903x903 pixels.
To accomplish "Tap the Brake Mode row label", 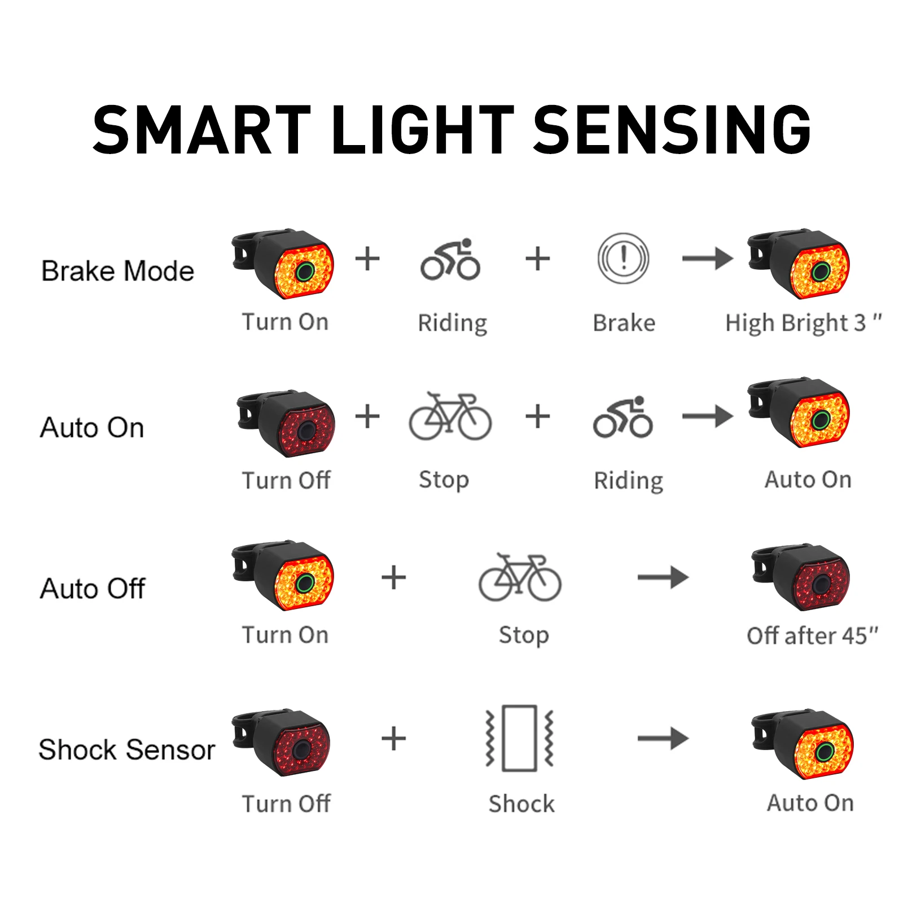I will tap(118, 271).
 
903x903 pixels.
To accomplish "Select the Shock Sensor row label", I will tap(127, 749).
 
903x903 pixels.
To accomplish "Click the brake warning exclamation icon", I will tap(623, 258).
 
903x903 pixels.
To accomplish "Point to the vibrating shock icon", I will tap(520, 738).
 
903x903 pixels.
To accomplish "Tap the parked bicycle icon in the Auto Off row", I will tap(520, 577).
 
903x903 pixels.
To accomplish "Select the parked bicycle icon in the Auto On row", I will tap(450, 417).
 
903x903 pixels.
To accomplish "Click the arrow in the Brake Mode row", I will tap(707, 259).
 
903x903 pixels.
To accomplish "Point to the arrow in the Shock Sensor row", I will tap(663, 738).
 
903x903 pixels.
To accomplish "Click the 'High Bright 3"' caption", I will tap(803, 323).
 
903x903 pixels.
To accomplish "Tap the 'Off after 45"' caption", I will tap(812, 635).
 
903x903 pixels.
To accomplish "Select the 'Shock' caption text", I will tap(521, 804).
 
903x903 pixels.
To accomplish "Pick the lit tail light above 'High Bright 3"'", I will tap(800, 264).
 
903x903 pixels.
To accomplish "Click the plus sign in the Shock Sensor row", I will tap(394, 738).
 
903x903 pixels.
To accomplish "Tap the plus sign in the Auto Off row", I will tap(394, 578).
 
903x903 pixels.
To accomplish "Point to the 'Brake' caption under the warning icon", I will tap(624, 323).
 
